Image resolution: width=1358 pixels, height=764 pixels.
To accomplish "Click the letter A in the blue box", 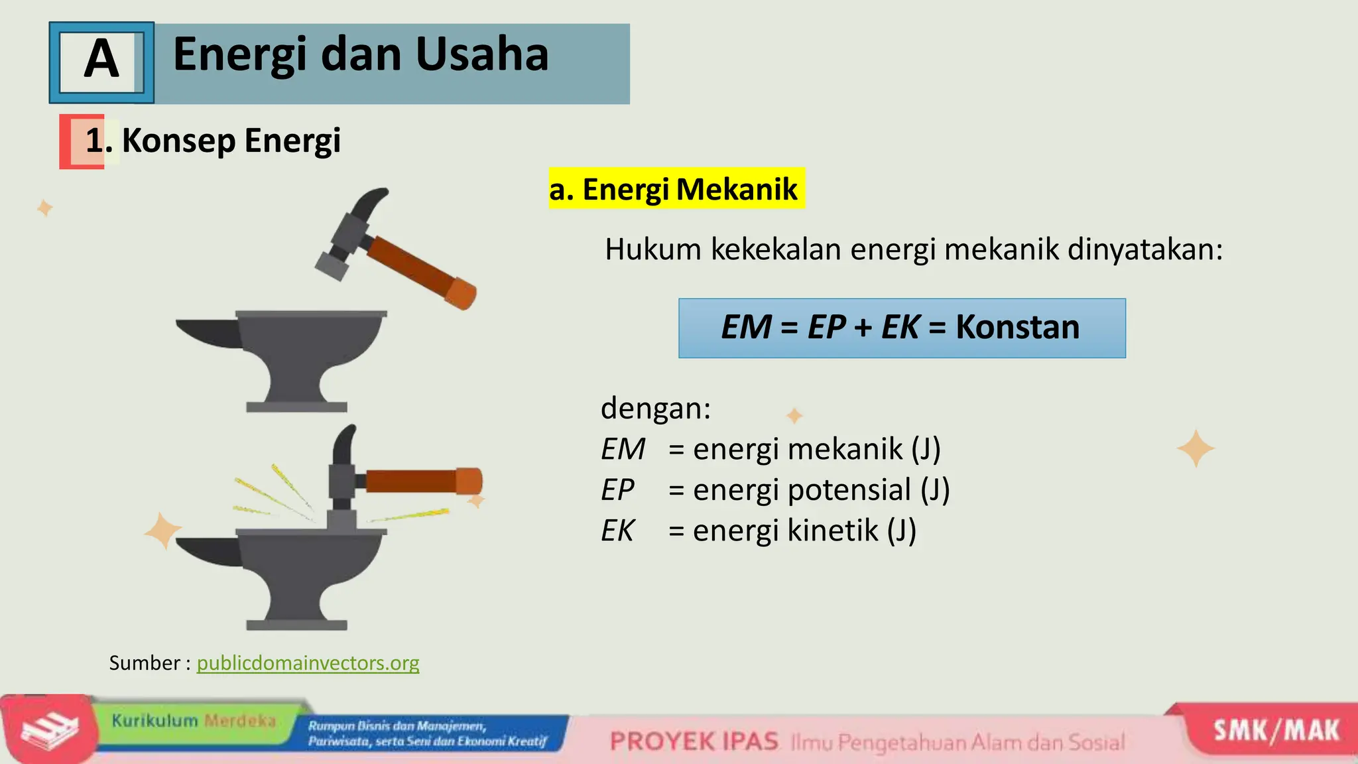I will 101,59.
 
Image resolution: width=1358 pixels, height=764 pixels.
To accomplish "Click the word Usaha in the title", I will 482,54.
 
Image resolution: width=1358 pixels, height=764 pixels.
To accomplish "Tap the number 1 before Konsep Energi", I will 94,141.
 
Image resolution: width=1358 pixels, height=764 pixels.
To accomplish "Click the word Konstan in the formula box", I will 1017,327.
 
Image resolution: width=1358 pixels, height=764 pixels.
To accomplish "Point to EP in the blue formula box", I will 826,327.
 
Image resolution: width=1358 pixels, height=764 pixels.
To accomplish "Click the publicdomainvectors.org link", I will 308,663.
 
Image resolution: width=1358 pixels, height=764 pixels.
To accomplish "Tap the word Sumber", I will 145,663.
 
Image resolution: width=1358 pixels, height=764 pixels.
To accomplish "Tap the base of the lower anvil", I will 296,625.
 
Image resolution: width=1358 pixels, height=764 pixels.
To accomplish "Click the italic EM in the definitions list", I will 622,449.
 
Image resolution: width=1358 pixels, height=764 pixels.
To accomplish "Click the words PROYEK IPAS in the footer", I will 694,741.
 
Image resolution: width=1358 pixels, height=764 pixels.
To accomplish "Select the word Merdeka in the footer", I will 239,720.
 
